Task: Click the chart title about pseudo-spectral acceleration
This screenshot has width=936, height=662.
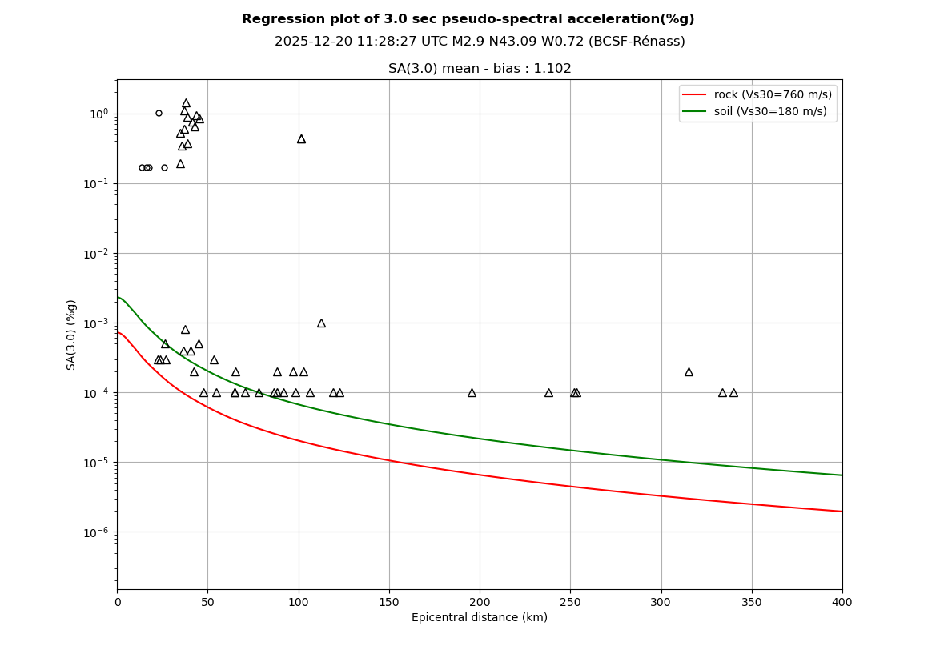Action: click(468, 19)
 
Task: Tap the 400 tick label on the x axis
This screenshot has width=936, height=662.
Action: click(842, 602)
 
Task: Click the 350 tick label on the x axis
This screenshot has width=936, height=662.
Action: click(752, 602)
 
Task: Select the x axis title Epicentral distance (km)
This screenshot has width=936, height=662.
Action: click(480, 618)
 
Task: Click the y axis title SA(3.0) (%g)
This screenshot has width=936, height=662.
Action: click(72, 335)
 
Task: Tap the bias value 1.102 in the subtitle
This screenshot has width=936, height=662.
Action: click(554, 69)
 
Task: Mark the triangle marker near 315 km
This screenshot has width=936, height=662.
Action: click(689, 372)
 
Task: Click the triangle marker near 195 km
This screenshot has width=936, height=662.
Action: click(472, 393)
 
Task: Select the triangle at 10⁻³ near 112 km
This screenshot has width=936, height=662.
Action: click(321, 323)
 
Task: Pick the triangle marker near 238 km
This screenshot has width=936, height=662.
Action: click(548, 393)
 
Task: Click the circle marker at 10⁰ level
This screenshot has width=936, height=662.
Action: click(159, 114)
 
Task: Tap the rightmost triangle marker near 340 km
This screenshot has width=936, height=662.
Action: click(733, 393)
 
